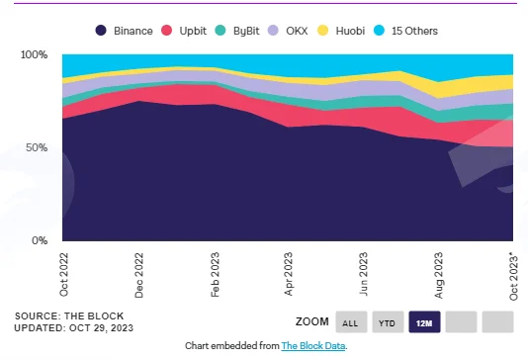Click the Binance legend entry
[x=124, y=31]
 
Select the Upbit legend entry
[x=184, y=31]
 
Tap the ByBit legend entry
[x=237, y=31]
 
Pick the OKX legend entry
[x=288, y=31]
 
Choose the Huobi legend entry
[x=341, y=31]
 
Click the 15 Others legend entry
[x=405, y=31]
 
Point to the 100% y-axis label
[x=34, y=54]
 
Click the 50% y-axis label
[x=37, y=147]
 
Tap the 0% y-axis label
[x=40, y=240]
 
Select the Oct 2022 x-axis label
[x=63, y=275]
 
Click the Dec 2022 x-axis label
[x=139, y=275]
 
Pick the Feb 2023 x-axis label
[x=215, y=275]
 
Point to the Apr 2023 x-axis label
[x=289, y=274]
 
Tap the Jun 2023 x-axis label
[x=363, y=274]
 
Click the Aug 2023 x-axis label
[x=438, y=275]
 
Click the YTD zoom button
[x=388, y=322]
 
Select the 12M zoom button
[x=424, y=322]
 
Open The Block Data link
[x=313, y=346]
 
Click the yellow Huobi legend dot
[x=323, y=31]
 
